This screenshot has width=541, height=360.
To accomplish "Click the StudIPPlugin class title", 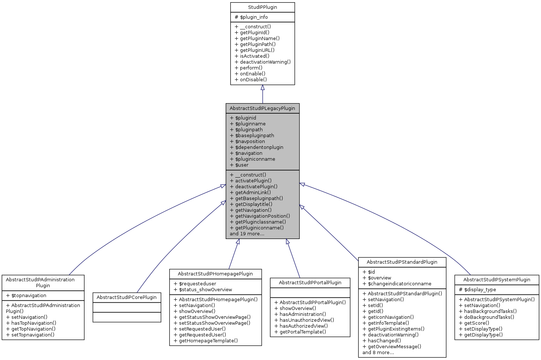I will coord(262,7).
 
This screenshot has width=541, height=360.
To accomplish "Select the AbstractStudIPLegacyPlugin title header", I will coord(262,108).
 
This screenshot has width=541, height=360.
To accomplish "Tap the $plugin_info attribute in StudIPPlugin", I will coord(251,17).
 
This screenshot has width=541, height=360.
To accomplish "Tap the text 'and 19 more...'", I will coord(247,234).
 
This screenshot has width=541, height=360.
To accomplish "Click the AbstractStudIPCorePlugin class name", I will coord(127,297).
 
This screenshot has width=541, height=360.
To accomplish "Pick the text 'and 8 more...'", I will coord(378,353).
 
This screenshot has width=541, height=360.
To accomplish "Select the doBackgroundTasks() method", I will coord(487,317).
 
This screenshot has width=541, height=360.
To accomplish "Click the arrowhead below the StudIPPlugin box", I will coord(262,88).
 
